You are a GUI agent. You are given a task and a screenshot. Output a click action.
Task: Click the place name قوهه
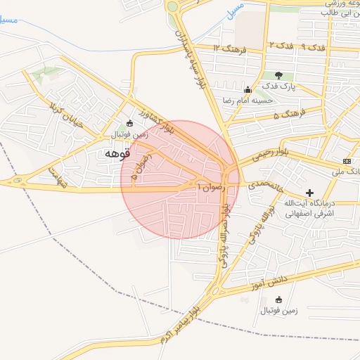(117, 153)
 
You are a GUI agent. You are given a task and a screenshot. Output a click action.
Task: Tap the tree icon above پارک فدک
(278, 75)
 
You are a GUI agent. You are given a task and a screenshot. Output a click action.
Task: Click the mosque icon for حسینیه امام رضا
(247, 89)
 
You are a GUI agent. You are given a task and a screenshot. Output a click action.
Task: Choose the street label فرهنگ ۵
(287, 112)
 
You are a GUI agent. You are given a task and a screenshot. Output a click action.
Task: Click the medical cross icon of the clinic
(309, 193)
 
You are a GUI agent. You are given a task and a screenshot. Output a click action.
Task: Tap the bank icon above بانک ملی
(346, 162)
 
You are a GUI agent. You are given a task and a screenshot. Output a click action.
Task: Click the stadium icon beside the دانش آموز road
(278, 300)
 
